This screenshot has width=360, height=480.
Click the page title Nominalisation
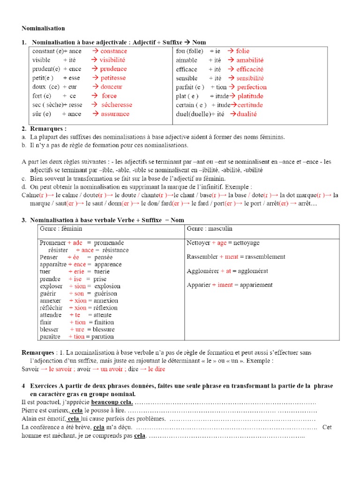(43, 29)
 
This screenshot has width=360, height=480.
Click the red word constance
(113, 51)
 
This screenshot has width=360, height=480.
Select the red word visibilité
(112, 60)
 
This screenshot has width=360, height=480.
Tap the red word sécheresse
(116, 105)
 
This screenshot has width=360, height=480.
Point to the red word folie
(243, 51)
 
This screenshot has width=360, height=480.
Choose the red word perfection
(252, 87)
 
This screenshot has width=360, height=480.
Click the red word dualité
(247, 114)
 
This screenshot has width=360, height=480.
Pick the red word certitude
(250, 105)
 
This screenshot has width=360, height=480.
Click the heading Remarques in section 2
(48, 128)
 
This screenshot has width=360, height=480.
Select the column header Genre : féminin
(61, 229)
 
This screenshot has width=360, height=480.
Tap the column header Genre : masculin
(209, 229)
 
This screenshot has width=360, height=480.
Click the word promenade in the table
(109, 243)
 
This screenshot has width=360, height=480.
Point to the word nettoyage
(243, 243)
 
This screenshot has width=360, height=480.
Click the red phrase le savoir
(62, 369)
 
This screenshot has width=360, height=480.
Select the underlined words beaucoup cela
(112, 403)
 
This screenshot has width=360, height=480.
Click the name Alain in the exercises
(30, 419)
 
